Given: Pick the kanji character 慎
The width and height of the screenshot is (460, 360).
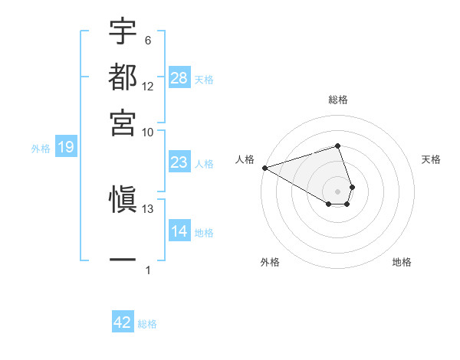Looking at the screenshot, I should [123, 200].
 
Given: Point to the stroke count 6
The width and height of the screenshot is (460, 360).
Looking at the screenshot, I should [148, 41].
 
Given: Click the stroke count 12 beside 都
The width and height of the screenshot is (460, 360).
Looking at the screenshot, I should [148, 87].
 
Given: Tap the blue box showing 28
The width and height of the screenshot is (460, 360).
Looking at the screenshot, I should [179, 77].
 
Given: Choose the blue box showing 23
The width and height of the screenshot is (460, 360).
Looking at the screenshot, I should [179, 162].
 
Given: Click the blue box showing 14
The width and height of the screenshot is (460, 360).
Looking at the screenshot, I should [179, 231].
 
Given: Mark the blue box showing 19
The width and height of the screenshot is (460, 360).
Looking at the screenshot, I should [66, 147].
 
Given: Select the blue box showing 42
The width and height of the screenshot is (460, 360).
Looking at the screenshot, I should [123, 322].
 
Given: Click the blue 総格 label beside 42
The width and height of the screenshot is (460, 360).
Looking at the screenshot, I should [147, 324].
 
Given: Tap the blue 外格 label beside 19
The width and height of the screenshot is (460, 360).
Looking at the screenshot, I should [41, 149].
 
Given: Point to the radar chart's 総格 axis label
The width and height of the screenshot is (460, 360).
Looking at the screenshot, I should [338, 100].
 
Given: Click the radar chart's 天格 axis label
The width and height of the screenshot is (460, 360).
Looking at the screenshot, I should [432, 159].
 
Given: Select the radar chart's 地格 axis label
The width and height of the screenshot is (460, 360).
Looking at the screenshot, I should [402, 262].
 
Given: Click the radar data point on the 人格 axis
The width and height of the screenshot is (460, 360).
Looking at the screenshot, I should [264, 167].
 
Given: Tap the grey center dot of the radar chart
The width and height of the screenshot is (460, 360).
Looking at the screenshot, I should [337, 191].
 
